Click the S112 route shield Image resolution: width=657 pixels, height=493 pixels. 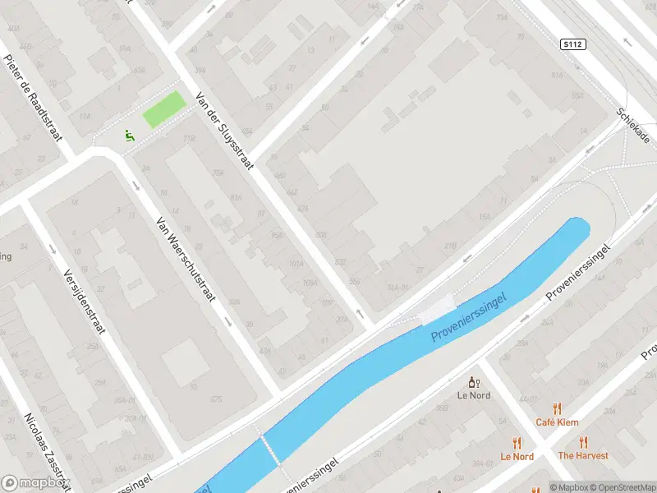[574, 44]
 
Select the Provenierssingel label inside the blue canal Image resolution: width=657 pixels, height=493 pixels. [470, 316]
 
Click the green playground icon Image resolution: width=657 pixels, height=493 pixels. [129, 136]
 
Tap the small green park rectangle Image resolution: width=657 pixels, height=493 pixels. [164, 109]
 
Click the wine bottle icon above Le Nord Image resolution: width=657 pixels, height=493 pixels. [472, 382]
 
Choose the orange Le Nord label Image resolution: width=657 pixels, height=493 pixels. [517, 456]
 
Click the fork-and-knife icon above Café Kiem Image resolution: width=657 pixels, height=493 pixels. [557, 408]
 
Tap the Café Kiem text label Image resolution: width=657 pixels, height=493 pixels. [557, 422]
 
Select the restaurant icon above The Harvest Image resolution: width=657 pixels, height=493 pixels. [583, 442]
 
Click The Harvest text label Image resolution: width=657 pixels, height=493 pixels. [583, 455]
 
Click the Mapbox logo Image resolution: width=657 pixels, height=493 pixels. [34, 483]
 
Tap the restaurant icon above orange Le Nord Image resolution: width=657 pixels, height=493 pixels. [517, 442]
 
